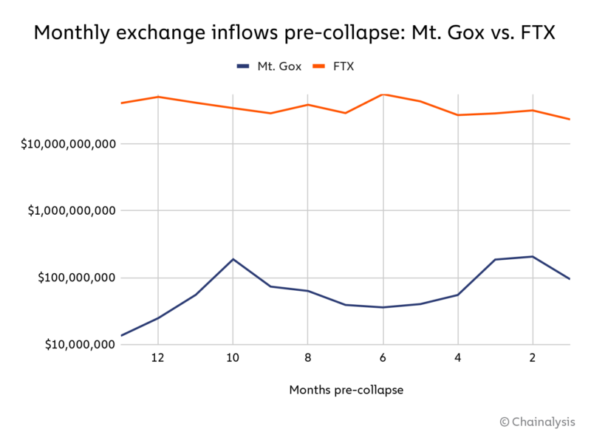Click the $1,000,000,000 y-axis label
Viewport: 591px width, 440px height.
[71, 210]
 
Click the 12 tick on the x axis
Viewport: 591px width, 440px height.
[157, 358]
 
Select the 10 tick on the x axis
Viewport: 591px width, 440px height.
[233, 358]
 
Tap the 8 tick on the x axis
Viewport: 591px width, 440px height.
[307, 358]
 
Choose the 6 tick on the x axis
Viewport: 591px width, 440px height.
[383, 358]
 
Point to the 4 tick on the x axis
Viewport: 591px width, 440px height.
[457, 358]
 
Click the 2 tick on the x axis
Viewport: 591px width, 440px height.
[533, 358]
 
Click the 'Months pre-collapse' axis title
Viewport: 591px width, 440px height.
[346, 390]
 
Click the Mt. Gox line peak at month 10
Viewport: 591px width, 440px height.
[233, 259]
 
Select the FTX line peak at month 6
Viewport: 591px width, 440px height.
[383, 94]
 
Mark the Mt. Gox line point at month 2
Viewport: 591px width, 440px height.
[533, 256]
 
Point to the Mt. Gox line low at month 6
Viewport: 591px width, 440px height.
[383, 307]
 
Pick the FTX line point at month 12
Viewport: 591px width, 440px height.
[157, 97]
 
